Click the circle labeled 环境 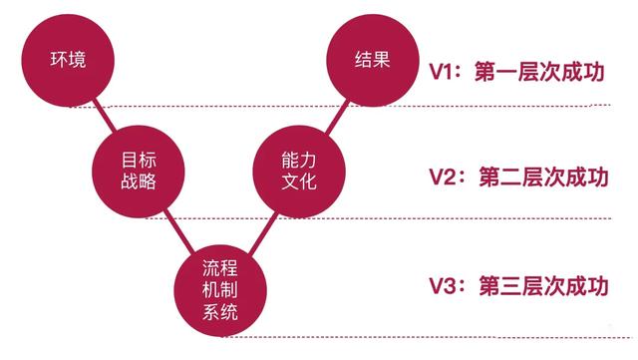pyautogui.click(x=68, y=60)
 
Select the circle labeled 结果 pyautogui.click(x=372, y=60)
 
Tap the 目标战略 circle pyautogui.click(x=139, y=172)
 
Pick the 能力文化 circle pyautogui.click(x=299, y=172)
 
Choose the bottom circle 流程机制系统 pyautogui.click(x=220, y=290)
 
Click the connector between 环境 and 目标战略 pyautogui.click(x=104, y=116)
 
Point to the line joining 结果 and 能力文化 pyautogui.click(x=337, y=117)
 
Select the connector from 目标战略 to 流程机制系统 pyautogui.click(x=179, y=230)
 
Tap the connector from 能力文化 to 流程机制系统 pyautogui.click(x=263, y=233)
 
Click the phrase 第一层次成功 pyautogui.click(x=539, y=72)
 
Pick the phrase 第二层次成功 pyautogui.click(x=543, y=177)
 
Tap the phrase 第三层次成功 pyautogui.click(x=543, y=285)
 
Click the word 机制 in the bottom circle pyautogui.click(x=220, y=290)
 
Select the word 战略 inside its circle pyautogui.click(x=139, y=181)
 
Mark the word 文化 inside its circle pyautogui.click(x=299, y=181)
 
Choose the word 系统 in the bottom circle pyautogui.click(x=220, y=312)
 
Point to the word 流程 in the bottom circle pyautogui.click(x=220, y=268)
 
